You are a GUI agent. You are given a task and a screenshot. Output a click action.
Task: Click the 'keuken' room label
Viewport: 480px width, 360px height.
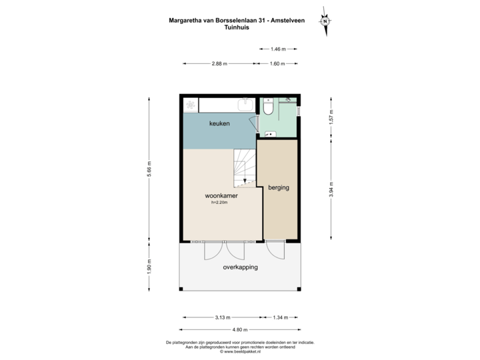coord(219,124)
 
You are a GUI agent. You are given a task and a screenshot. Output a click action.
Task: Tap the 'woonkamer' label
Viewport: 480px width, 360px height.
coord(221,196)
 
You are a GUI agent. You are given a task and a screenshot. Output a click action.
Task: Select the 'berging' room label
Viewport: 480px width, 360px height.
coord(279,188)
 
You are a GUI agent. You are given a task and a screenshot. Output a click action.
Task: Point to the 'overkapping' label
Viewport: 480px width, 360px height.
coord(240,267)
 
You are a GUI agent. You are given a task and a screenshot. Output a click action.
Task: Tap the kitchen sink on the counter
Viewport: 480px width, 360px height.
coord(245,103)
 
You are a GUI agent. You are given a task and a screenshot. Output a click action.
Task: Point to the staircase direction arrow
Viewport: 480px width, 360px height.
coord(245,180)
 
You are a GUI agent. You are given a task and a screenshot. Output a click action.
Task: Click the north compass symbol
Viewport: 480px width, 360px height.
coord(325,21)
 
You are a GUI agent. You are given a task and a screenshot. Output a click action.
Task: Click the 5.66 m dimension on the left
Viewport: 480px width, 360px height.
coord(149,170)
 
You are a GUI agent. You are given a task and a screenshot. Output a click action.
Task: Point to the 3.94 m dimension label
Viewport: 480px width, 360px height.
coord(331,190)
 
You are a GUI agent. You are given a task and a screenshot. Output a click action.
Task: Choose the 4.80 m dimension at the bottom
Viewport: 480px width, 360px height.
coord(239,329)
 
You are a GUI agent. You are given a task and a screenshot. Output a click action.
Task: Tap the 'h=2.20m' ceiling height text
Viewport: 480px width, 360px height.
coord(219,203)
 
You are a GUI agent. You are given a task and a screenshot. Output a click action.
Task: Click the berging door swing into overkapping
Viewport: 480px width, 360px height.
coord(274,249)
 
